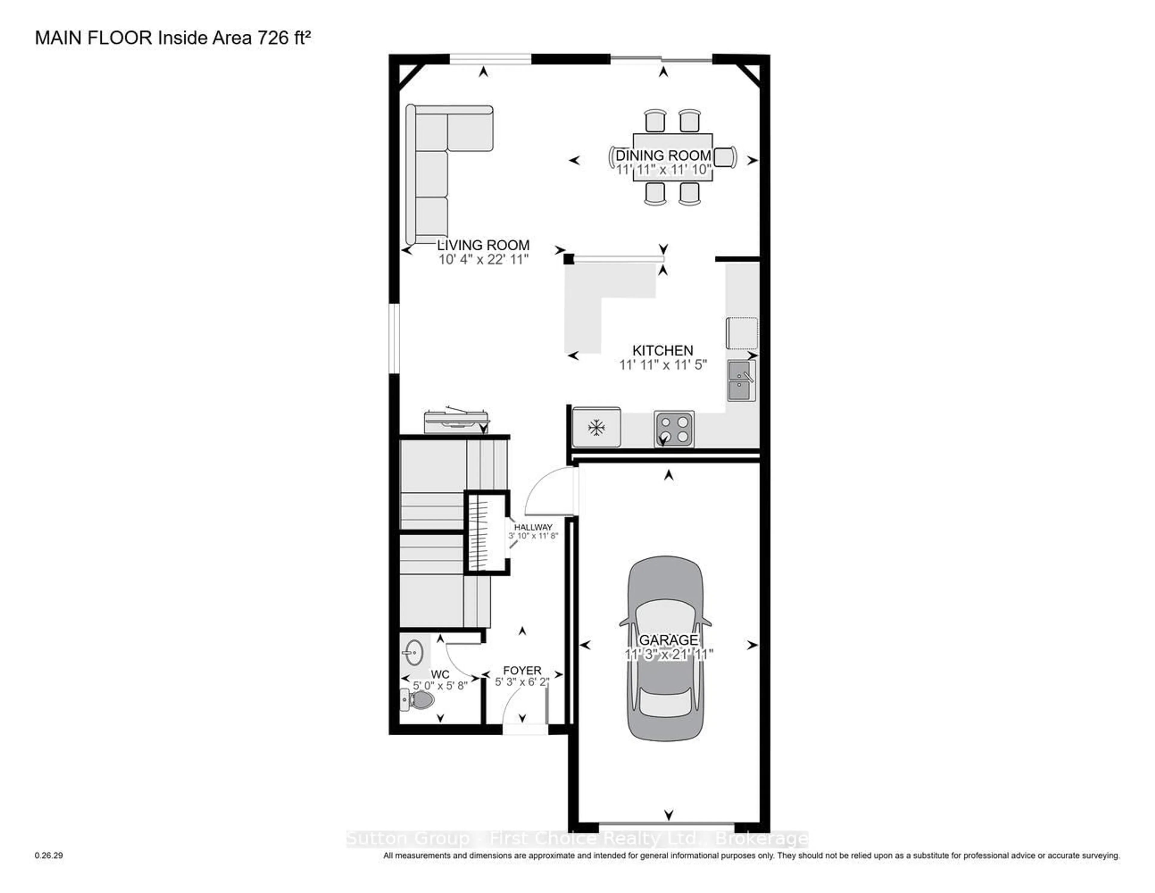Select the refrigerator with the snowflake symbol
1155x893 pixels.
[x=596, y=427]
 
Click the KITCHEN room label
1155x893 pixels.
[x=663, y=350]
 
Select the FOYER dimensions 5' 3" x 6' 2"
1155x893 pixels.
[x=522, y=682]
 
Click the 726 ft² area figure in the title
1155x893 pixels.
[x=283, y=38]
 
